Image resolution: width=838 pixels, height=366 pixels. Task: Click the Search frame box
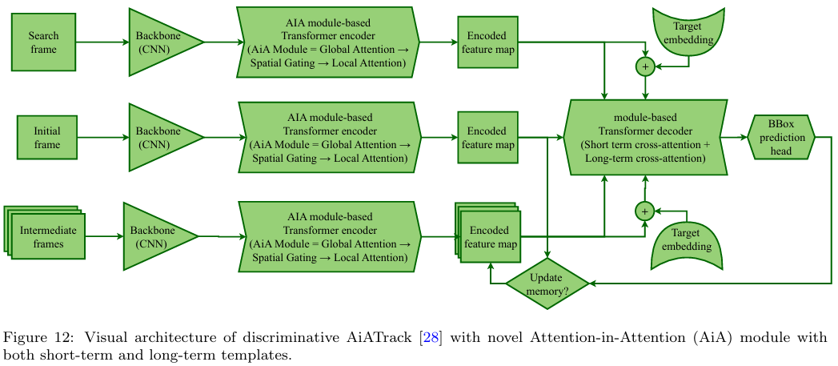tap(43, 42)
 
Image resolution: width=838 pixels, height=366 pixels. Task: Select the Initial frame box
tap(47, 138)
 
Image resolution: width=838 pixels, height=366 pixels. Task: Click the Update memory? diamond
tap(547, 284)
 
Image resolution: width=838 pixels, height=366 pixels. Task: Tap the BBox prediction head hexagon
tap(780, 138)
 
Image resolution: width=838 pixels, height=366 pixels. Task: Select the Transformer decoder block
tap(646, 137)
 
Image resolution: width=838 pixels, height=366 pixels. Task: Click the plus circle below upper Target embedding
tap(645, 66)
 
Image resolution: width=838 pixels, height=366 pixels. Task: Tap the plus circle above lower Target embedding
tap(644, 211)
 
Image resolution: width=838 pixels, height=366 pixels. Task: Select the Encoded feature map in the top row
tap(487, 42)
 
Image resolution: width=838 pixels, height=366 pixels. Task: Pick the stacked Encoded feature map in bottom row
tap(489, 235)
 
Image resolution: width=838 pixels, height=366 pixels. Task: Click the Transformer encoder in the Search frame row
tap(329, 42)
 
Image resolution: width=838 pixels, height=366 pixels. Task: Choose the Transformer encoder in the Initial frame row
tap(329, 138)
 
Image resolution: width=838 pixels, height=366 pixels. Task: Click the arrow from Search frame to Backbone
tap(102, 42)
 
